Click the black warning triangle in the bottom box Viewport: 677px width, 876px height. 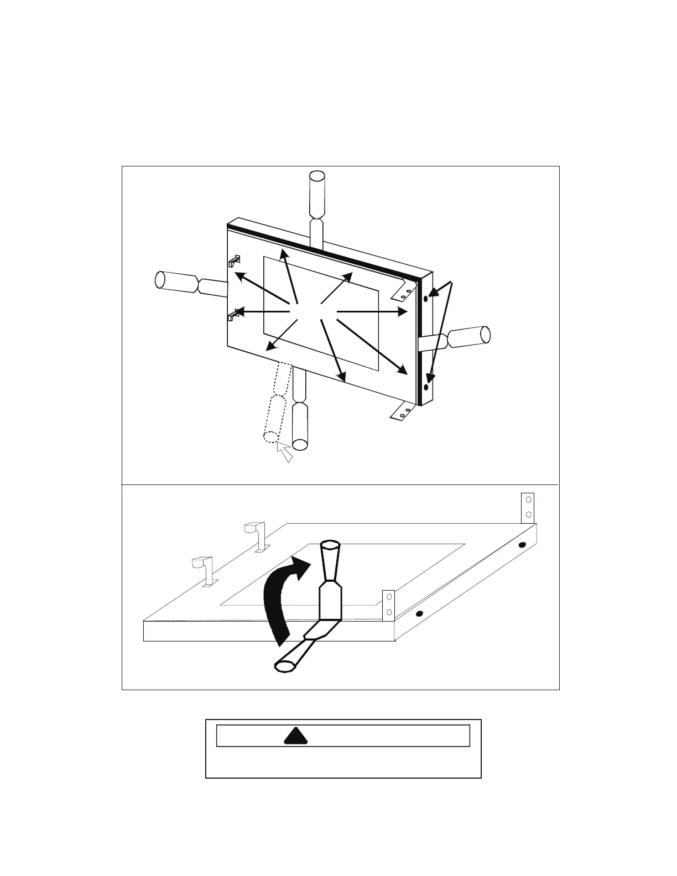295,736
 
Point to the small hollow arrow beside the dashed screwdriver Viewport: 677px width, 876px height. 285,452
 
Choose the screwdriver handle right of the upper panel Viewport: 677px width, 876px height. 469,336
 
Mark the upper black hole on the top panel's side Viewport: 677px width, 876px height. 425,299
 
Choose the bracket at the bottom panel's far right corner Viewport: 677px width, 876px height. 528,507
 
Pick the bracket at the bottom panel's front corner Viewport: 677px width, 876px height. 389,604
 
